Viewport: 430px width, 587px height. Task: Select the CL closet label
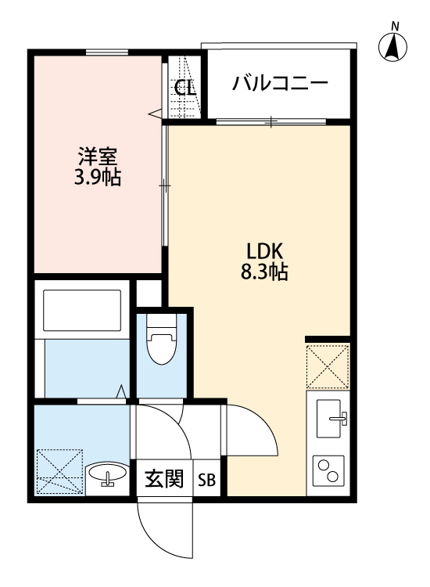[x=185, y=87]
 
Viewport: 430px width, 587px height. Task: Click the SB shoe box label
[x=207, y=480]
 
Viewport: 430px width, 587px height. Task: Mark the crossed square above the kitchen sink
[x=328, y=366]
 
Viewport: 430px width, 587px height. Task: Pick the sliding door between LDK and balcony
[x=270, y=121]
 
